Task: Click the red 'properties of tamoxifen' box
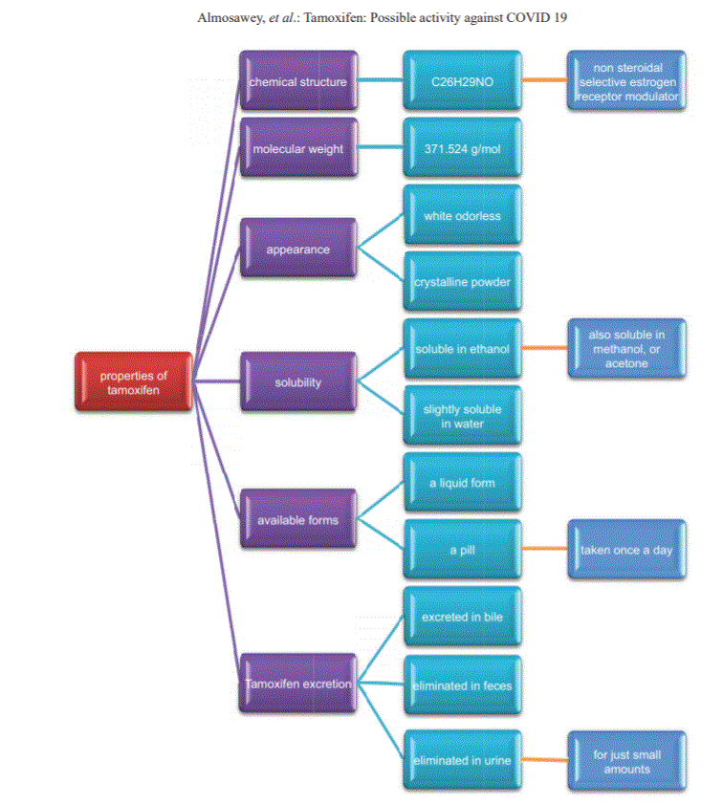point(134,381)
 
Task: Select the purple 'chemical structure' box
point(298,80)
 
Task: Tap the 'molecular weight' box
point(298,148)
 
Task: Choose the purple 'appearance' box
point(298,248)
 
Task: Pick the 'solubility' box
point(298,381)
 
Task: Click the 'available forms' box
point(298,518)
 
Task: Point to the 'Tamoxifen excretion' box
point(298,684)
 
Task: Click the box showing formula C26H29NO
point(463,80)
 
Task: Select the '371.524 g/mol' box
point(463,148)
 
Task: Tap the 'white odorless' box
point(463,214)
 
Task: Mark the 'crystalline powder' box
point(463,281)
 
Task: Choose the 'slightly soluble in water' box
point(463,415)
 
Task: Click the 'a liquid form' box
point(463,482)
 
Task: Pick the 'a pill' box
point(463,550)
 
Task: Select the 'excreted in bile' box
point(463,616)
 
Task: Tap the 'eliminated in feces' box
point(463,685)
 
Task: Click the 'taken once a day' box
point(627,550)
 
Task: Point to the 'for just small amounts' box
point(627,761)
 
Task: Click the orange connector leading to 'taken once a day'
point(545,549)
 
